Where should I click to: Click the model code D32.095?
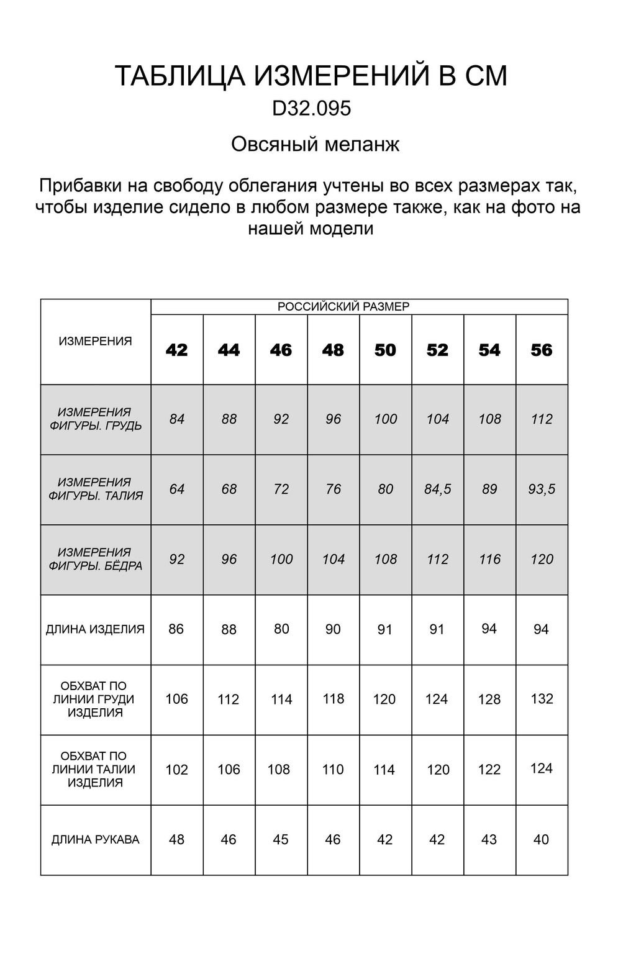tap(311, 109)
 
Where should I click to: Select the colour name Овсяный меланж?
tap(315, 145)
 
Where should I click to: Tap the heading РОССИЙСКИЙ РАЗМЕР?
tap(343, 307)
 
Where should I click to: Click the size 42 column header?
tap(177, 350)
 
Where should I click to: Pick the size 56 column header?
tap(542, 350)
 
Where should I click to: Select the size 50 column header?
tap(385, 350)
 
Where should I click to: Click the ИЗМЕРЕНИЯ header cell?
tap(96, 341)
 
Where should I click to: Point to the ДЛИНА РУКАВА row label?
tap(96, 840)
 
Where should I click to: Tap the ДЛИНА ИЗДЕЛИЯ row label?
tap(96, 629)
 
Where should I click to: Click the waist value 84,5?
tap(437, 490)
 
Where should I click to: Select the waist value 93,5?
tap(542, 490)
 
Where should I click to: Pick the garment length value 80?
tap(281, 629)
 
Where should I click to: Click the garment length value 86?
tap(176, 629)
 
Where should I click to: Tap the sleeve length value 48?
tap(176, 840)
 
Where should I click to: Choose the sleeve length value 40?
tap(541, 840)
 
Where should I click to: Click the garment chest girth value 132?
tap(542, 699)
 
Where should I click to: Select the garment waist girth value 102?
tap(176, 770)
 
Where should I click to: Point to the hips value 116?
tap(489, 560)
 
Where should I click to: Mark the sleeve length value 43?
tap(489, 840)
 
